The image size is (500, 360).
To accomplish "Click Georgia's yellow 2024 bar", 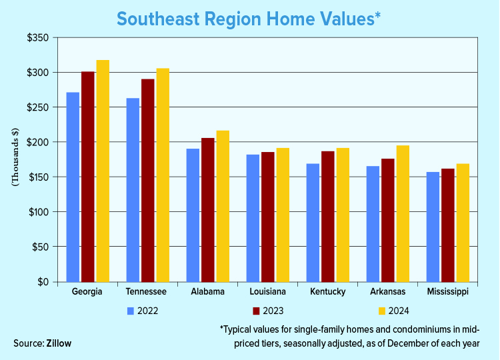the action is [x=103, y=171].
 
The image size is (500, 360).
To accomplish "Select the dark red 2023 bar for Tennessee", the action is [x=148, y=181].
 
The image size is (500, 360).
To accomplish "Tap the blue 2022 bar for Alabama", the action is [x=193, y=215].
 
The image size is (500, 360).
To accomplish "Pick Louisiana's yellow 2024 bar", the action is [x=283, y=215].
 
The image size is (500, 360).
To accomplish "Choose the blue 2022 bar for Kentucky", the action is [x=313, y=223].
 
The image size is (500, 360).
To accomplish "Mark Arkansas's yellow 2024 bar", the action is [x=403, y=213].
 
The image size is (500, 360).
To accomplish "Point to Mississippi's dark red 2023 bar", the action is [x=448, y=225].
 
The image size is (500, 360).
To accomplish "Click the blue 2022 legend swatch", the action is [x=131, y=311].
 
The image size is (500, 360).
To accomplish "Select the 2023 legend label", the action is [x=273, y=311].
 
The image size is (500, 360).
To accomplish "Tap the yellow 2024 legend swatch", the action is [x=382, y=311].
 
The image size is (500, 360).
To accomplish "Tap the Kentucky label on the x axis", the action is [x=328, y=292].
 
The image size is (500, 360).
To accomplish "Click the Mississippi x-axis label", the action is [x=448, y=292].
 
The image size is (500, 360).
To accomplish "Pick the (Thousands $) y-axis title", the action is [x=15, y=157].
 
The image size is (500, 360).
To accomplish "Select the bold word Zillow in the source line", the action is [x=59, y=343].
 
